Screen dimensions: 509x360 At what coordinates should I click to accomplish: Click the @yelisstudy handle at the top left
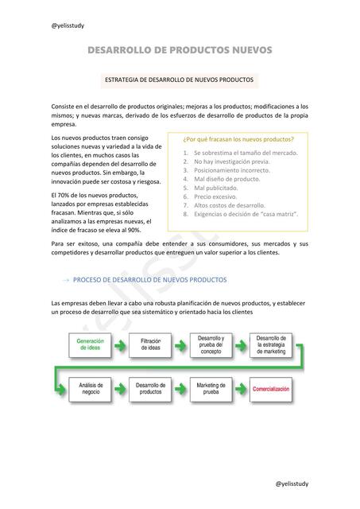[68, 25]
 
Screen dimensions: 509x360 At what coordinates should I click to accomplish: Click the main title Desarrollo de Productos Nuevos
[180, 51]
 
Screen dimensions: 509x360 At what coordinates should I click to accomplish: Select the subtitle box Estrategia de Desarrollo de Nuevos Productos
[180, 80]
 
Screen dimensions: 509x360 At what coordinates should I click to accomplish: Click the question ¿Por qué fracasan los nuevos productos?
[227, 138]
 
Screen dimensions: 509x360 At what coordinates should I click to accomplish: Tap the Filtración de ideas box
[151, 344]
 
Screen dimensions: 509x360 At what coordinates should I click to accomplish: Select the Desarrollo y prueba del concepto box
[211, 344]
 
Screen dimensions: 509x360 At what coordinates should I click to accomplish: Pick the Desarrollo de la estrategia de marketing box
[271, 344]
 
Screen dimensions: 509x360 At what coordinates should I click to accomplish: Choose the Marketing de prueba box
[211, 389]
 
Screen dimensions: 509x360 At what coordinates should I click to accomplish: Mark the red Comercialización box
[271, 389]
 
